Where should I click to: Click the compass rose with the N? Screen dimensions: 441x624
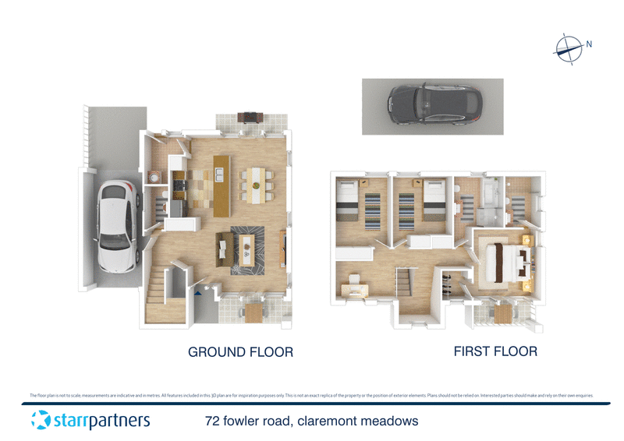pyautogui.click(x=569, y=48)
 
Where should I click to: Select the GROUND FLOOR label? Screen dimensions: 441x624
pyautogui.click(x=240, y=352)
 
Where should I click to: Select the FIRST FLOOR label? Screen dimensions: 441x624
pyautogui.click(x=495, y=351)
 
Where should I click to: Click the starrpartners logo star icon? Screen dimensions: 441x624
pyautogui.click(x=41, y=421)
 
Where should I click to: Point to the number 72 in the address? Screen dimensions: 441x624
pyautogui.click(x=211, y=422)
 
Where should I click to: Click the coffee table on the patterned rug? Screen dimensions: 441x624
pyautogui.click(x=247, y=249)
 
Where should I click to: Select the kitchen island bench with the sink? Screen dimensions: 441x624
pyautogui.click(x=222, y=185)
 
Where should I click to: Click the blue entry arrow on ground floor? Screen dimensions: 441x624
pyautogui.click(x=200, y=294)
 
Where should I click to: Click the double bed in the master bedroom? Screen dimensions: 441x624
pyautogui.click(x=505, y=261)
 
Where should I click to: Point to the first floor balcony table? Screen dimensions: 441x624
pyautogui.click(x=503, y=312)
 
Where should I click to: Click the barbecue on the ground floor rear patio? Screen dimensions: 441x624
pyautogui.click(x=250, y=117)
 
